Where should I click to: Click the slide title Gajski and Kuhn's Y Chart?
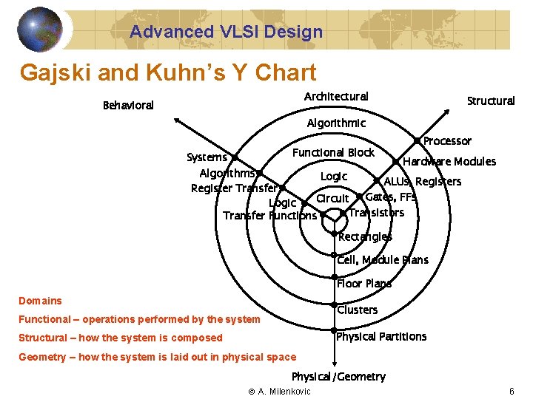(168, 72)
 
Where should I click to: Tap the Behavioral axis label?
(128, 106)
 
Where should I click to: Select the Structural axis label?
(490, 101)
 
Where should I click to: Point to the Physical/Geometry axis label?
(338, 377)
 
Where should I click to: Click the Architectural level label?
(336, 97)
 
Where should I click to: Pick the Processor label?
(447, 141)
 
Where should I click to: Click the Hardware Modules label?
(449, 162)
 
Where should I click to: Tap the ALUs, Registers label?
(422, 182)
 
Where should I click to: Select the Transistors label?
(376, 213)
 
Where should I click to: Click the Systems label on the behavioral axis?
(207, 157)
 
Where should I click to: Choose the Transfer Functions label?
(269, 216)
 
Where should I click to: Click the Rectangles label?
(365, 237)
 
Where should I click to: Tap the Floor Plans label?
(364, 284)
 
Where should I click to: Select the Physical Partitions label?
(381, 337)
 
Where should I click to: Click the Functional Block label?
(333, 153)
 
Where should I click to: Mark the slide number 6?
(512, 391)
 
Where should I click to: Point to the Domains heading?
(40, 301)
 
